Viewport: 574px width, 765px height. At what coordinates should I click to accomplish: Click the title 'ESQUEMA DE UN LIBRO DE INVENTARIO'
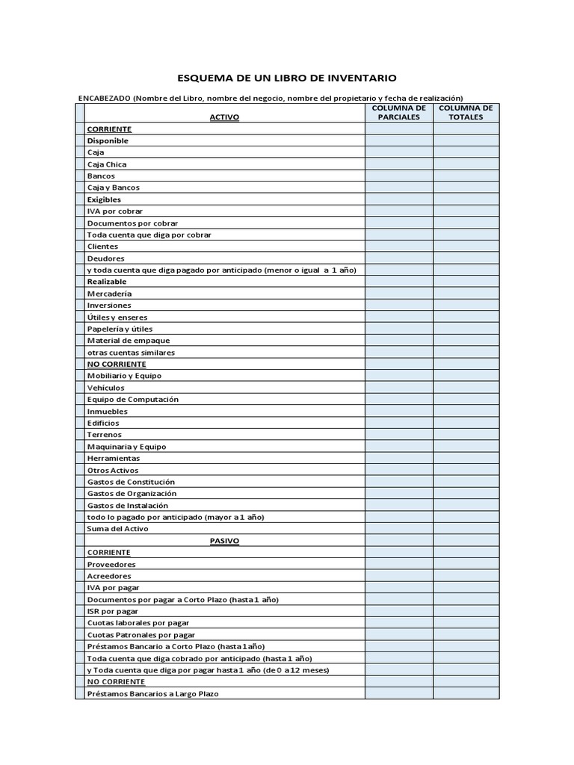(287, 78)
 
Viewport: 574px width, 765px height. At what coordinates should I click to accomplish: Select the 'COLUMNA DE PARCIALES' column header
(399, 112)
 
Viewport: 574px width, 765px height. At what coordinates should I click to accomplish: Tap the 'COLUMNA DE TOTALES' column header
(466, 112)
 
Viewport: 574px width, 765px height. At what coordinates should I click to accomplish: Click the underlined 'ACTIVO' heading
(224, 117)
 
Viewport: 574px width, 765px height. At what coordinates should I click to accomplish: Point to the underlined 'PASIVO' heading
(224, 540)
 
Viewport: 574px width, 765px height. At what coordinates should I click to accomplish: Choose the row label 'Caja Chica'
(107, 164)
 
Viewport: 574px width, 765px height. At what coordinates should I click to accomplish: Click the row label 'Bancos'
(101, 176)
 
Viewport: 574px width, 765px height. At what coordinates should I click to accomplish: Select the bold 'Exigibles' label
(104, 199)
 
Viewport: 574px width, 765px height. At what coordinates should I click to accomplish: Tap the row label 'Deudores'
(105, 258)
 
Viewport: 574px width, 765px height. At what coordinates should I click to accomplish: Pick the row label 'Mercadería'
(109, 294)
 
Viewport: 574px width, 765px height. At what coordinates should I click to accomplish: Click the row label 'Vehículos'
(106, 388)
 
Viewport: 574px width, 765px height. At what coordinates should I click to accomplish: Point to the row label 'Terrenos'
(105, 435)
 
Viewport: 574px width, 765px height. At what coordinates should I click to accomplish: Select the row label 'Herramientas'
(114, 458)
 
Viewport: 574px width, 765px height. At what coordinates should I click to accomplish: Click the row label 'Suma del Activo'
(118, 529)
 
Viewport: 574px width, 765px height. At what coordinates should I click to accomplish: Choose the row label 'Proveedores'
(111, 564)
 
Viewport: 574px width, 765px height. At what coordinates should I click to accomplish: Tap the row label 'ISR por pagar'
(113, 611)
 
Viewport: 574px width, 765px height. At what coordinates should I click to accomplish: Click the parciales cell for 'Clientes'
(399, 247)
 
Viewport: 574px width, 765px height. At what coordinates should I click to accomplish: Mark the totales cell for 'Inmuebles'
(466, 411)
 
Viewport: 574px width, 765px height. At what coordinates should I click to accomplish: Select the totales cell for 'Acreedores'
(466, 576)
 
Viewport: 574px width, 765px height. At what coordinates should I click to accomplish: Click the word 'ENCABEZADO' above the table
(105, 98)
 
